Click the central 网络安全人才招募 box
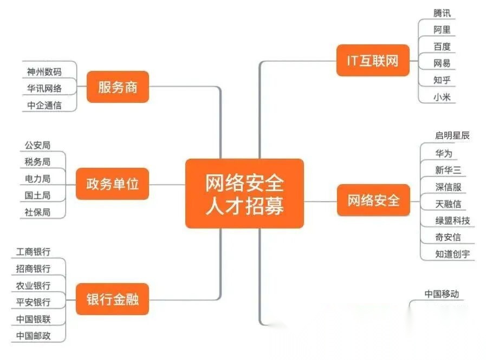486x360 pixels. [x=244, y=193]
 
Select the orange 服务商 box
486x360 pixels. [x=118, y=87]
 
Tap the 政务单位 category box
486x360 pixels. [x=112, y=184]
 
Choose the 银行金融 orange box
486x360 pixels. [x=112, y=299]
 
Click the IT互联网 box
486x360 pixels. [x=372, y=60]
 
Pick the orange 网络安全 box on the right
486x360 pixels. [x=373, y=200]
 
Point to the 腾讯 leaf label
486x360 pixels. [x=442, y=13]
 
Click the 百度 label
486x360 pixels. [x=442, y=47]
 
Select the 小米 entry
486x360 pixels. [x=442, y=97]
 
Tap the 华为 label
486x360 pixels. [x=443, y=153]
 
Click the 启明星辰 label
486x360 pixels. [x=452, y=135]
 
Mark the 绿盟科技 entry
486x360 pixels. [x=452, y=220]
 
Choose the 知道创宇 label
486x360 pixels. [x=452, y=254]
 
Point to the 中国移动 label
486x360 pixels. [x=442, y=294]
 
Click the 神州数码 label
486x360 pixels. [x=44, y=71]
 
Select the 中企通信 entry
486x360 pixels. [x=44, y=105]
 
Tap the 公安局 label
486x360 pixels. [x=37, y=145]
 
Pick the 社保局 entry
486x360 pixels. [x=37, y=212]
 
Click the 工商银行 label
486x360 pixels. [x=34, y=252]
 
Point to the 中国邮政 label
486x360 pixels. [x=34, y=336]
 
